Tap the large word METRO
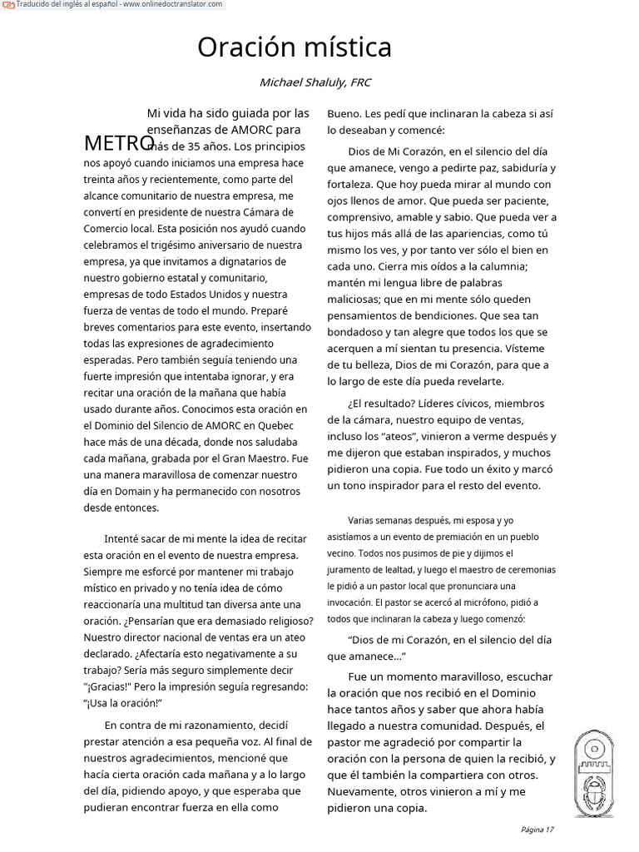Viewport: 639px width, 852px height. click(119, 143)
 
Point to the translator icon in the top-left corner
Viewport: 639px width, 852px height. click(8, 5)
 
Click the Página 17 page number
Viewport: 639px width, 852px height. click(537, 830)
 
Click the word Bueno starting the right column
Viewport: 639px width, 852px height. click(344, 113)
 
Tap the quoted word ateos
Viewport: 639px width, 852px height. click(400, 435)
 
